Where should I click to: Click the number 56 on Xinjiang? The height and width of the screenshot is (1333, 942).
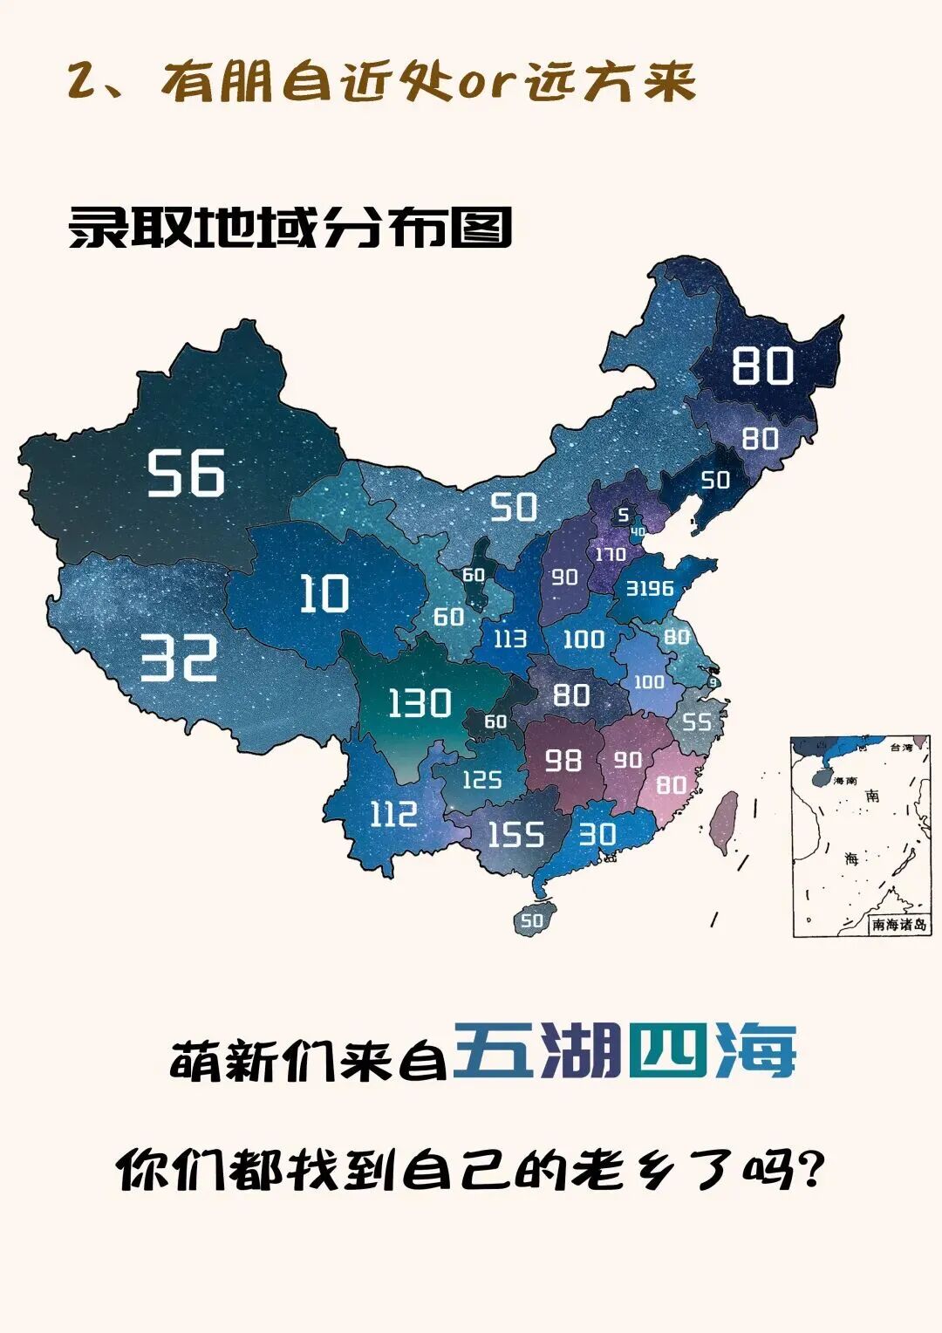click(185, 474)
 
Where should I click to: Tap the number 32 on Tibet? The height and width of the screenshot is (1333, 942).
click(179, 658)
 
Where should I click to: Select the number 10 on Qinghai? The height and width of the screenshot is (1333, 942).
click(324, 593)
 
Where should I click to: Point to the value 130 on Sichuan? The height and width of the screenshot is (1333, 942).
click(419, 703)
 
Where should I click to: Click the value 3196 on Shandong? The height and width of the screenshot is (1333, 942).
click(650, 589)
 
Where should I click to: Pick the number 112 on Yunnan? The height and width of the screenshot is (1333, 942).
click(393, 814)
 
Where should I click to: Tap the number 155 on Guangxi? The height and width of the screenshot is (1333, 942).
click(515, 835)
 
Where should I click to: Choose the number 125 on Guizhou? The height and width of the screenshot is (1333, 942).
click(481, 779)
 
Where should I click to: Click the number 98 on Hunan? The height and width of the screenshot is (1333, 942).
click(563, 760)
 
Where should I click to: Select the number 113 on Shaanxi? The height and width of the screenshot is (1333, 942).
click(509, 639)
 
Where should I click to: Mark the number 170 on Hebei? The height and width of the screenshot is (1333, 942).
click(611, 554)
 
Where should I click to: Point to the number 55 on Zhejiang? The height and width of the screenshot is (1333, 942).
click(697, 721)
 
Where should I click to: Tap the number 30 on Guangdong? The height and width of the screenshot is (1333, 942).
click(597, 835)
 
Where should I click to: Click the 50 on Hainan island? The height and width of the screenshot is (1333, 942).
click(531, 920)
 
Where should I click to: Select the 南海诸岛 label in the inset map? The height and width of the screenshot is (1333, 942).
click(898, 925)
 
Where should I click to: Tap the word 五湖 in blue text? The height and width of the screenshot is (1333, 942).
click(538, 1049)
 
